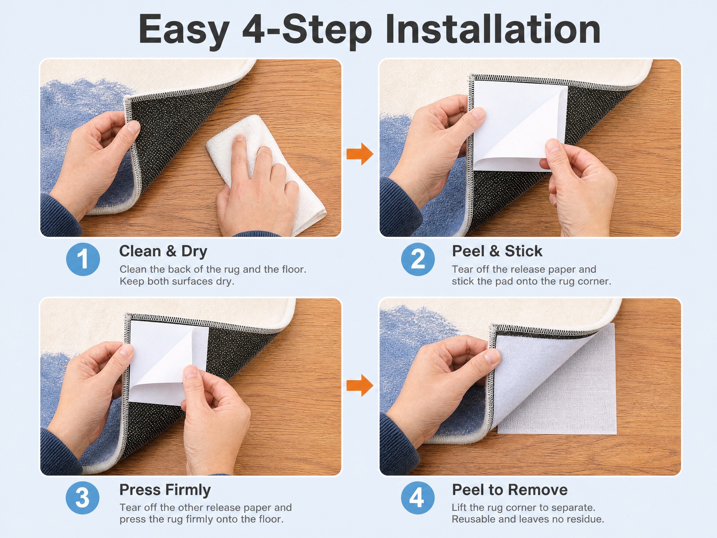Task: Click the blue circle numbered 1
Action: click(83, 259)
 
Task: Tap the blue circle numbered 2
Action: click(418, 259)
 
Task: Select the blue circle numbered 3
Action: click(83, 498)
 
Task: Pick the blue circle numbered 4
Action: click(418, 498)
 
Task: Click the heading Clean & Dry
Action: click(163, 252)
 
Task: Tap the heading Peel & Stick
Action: click(497, 251)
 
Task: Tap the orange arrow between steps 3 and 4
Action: click(360, 385)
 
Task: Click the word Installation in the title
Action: click(493, 29)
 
